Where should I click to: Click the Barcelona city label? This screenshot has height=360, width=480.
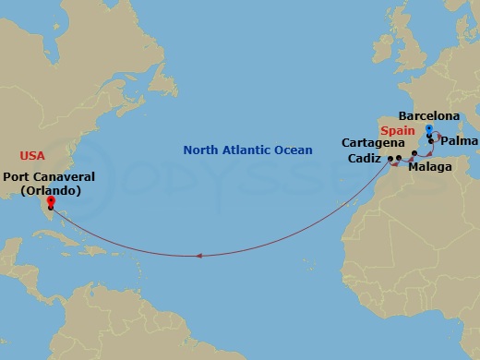coord(428,116)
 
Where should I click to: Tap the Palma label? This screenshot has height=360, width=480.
coord(459,143)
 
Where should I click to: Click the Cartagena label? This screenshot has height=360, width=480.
coord(372,143)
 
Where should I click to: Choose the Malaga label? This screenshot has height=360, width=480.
coord(429,168)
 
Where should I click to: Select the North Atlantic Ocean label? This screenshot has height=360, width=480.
coord(247,150)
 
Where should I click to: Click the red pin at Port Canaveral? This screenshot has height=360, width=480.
coord(50,199)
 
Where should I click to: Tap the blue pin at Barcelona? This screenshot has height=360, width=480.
coord(429,128)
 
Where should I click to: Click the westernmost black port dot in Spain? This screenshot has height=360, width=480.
coord(390,159)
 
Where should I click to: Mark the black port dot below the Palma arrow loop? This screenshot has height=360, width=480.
coord(430,141)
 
